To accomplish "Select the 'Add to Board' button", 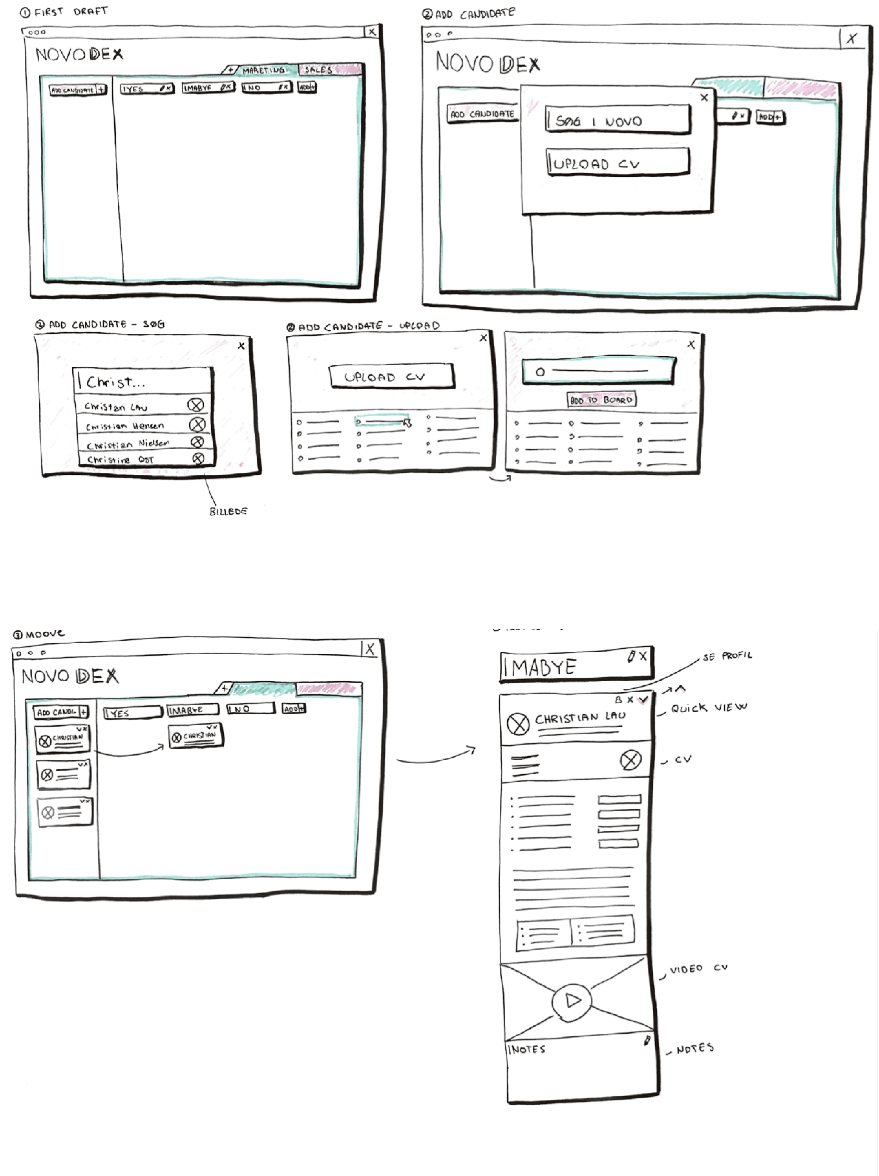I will tap(601, 400).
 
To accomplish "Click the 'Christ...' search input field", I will tap(143, 381).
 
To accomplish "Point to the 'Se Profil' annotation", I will tap(727, 656).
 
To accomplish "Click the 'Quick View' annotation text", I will tap(708, 708).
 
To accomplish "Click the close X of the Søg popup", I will tap(241, 346).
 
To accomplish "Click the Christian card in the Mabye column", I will tap(196, 736).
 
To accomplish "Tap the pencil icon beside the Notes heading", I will tap(647, 1041).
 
